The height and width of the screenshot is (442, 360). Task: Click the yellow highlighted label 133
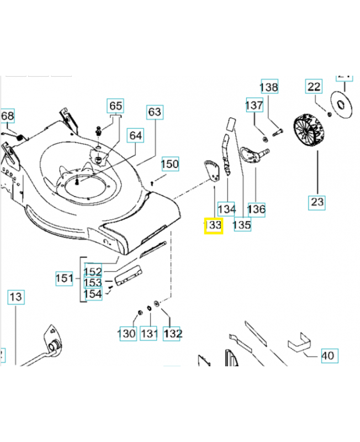click(x=213, y=225)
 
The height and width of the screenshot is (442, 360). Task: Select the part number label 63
click(x=155, y=112)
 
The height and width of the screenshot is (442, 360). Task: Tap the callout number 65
click(x=115, y=106)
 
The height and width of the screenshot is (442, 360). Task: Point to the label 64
click(x=135, y=135)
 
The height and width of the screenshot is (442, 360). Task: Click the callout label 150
click(x=170, y=164)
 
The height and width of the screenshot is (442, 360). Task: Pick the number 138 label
click(x=269, y=87)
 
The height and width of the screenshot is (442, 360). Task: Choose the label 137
click(x=254, y=105)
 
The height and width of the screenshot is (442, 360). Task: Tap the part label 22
click(x=314, y=86)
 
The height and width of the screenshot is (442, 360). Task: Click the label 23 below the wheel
click(x=317, y=202)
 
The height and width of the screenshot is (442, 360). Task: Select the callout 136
click(x=256, y=209)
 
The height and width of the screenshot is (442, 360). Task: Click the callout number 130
click(x=126, y=334)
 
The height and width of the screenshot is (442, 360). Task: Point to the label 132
click(x=173, y=334)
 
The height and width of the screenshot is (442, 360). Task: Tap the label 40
click(x=328, y=356)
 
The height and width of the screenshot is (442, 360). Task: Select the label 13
click(x=16, y=297)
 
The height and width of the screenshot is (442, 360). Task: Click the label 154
click(x=93, y=294)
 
